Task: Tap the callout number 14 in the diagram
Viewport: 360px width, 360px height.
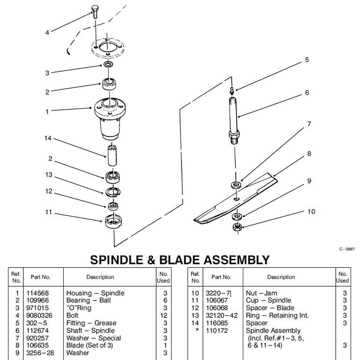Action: click(47, 139)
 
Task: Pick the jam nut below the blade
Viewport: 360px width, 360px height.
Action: click(237, 228)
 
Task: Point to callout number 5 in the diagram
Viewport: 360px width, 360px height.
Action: click(307, 60)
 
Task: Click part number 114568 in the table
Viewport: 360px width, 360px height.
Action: click(40, 293)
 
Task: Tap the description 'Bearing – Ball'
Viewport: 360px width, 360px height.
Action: click(89, 300)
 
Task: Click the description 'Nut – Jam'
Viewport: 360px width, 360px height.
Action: click(262, 293)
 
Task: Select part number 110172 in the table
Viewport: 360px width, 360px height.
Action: click(216, 330)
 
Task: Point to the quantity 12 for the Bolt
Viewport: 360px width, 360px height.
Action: click(164, 315)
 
